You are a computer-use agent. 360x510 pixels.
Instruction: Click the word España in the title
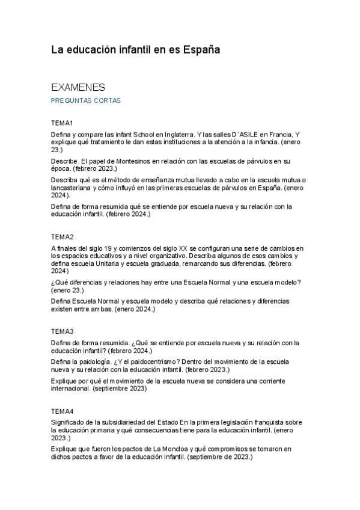[x=200, y=51]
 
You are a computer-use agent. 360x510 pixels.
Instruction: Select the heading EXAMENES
[x=78, y=87]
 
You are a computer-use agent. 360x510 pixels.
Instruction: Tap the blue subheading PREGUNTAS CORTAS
[x=86, y=101]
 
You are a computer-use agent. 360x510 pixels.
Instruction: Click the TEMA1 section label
[x=63, y=123]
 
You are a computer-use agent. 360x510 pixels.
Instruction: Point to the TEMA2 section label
[x=63, y=237]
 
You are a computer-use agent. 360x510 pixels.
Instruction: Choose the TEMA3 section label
[x=63, y=331]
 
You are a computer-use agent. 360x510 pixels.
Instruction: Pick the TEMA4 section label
[x=63, y=411]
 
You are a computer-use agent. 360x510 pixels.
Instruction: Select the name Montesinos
[x=133, y=161]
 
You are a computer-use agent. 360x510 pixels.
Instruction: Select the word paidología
[x=93, y=361]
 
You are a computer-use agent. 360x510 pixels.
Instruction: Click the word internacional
[x=71, y=389]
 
